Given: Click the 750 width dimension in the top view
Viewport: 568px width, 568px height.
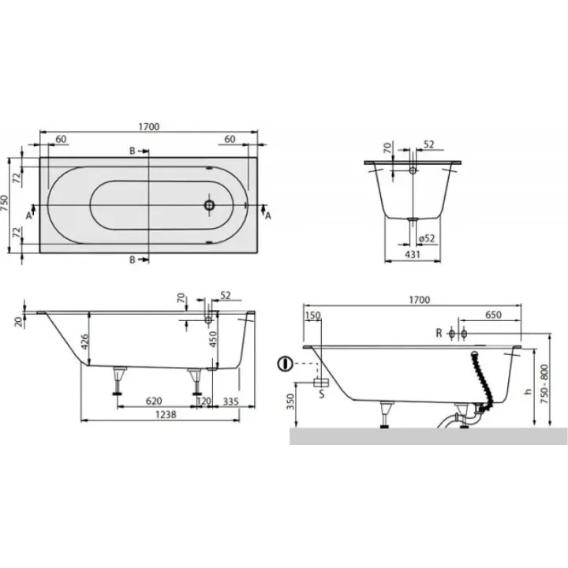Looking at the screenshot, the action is tap(5, 204).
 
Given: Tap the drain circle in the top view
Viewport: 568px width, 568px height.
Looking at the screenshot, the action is tap(209, 205).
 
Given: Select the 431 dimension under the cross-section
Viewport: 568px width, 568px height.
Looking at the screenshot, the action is tap(413, 255).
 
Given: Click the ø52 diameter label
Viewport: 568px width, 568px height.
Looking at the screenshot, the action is tap(426, 238).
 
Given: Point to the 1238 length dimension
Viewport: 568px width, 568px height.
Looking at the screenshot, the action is tap(166, 414).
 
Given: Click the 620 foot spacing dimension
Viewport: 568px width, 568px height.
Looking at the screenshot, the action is tap(154, 401).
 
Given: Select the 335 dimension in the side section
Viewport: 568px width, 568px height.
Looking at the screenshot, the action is tap(230, 401).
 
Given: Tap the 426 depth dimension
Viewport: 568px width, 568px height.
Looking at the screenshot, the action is tap(84, 342).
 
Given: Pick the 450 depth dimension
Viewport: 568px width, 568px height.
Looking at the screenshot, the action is tap(213, 339).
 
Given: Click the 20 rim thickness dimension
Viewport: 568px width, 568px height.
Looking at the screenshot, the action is tap(18, 320).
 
